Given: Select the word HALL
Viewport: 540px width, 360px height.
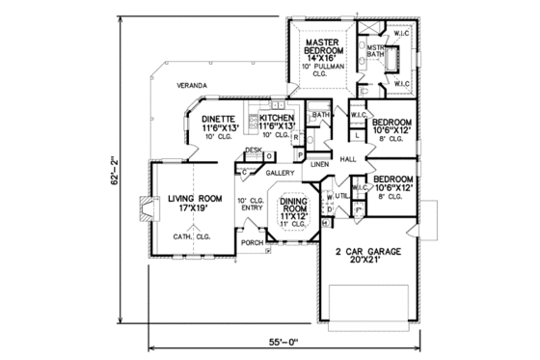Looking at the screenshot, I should pos(348,158).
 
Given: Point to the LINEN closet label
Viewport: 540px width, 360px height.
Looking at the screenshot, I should pos(320,165).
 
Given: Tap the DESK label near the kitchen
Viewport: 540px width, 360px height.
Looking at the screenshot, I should pos(253,151).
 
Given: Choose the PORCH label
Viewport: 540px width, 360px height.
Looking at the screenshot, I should pos(252,242).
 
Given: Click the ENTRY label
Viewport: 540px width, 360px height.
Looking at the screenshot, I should pos(253,207).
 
